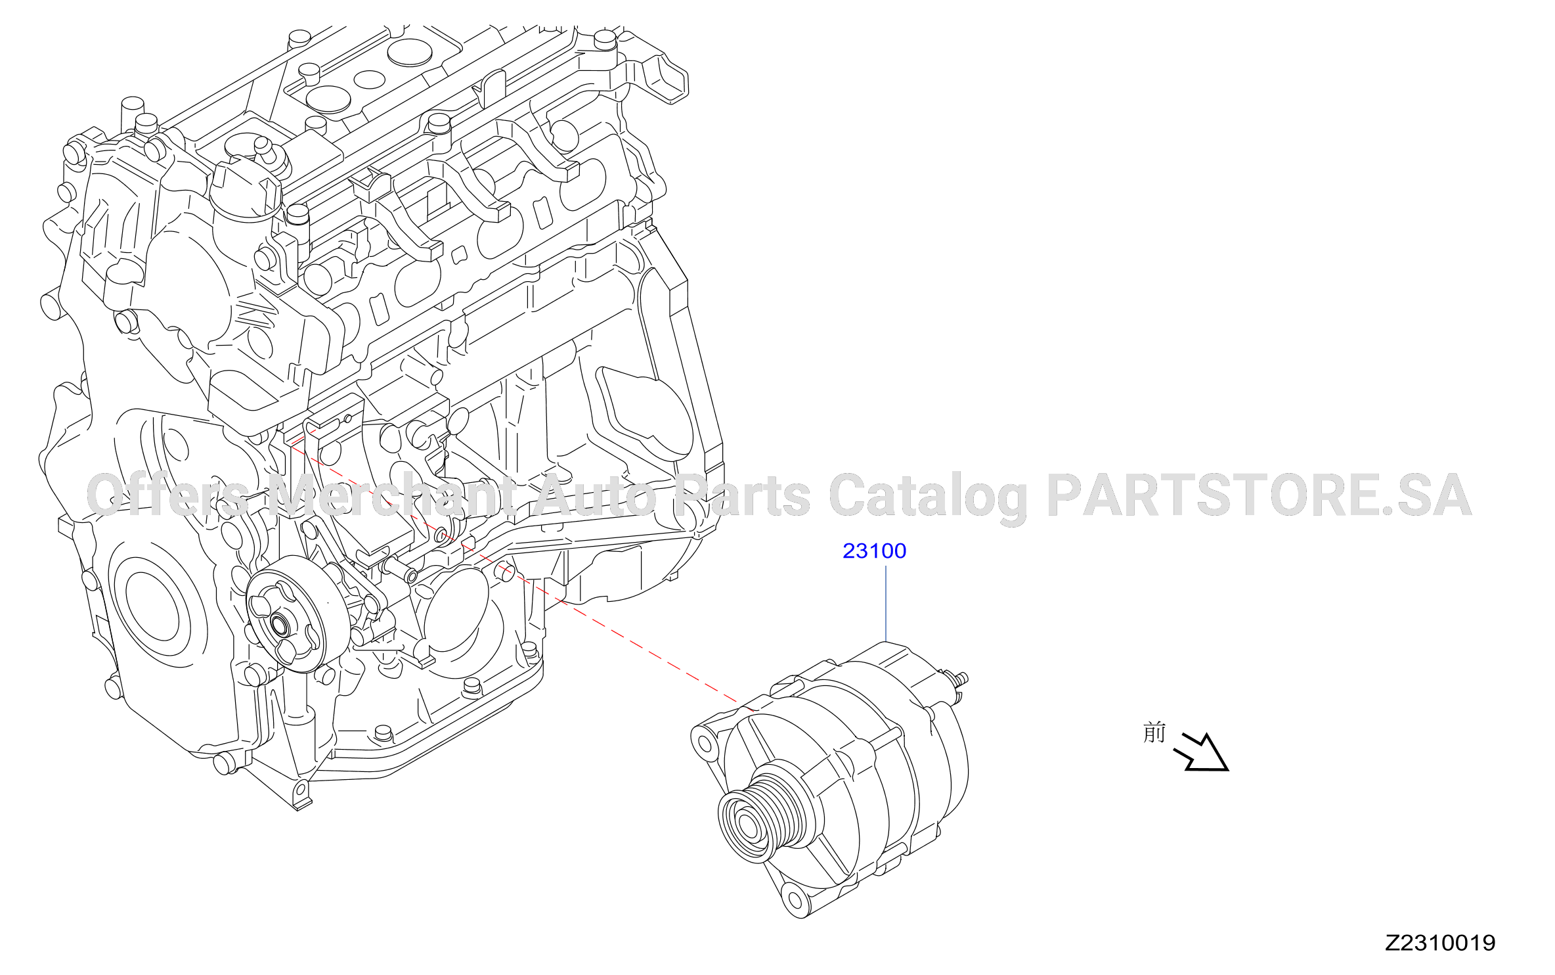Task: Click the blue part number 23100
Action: click(x=874, y=551)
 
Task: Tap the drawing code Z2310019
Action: click(x=1440, y=943)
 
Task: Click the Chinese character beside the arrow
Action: click(x=1154, y=732)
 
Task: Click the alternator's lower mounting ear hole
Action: click(x=795, y=897)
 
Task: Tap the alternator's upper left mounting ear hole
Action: click(x=705, y=744)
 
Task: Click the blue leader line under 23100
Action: click(x=886, y=603)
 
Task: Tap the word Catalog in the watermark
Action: click(x=928, y=497)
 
